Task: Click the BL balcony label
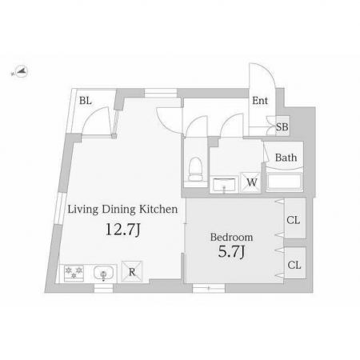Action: pyautogui.click(x=86, y=101)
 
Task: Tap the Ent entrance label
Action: pyautogui.click(x=260, y=101)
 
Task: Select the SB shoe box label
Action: pyautogui.click(x=282, y=127)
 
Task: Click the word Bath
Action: pyautogui.click(x=286, y=158)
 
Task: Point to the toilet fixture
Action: pyautogui.click(x=195, y=169)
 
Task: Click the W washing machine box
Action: pyautogui.click(x=250, y=182)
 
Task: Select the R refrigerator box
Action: pyautogui.click(x=132, y=271)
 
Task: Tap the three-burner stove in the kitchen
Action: pyautogui.click(x=74, y=274)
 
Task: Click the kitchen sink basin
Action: pyautogui.click(x=103, y=273)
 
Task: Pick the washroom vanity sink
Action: pyautogui.click(x=224, y=184)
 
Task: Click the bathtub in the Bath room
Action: pyautogui.click(x=285, y=182)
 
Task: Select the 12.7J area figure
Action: pyautogui.click(x=123, y=230)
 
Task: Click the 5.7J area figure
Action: pyautogui.click(x=231, y=251)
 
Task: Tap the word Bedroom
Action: pyautogui.click(x=231, y=237)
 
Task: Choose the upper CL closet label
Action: pyautogui.click(x=294, y=220)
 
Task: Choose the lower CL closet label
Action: pyautogui.click(x=294, y=265)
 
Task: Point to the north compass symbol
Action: pyautogui.click(x=21, y=72)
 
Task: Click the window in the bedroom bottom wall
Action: pyautogui.click(x=209, y=288)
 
